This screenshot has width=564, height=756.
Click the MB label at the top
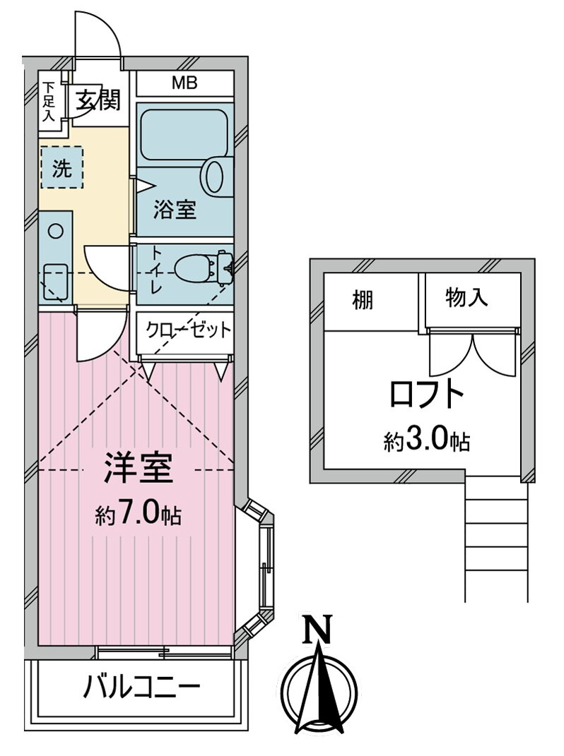pyautogui.click(x=185, y=83)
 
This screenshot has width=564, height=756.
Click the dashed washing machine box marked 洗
pyautogui.click(x=61, y=168)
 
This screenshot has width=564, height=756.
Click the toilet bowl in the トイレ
pyautogui.click(x=198, y=268)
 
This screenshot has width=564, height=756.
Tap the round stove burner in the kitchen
pyautogui.click(x=56, y=232)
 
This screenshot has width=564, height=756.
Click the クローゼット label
pyautogui.click(x=189, y=330)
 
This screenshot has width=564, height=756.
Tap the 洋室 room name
pyautogui.click(x=138, y=468)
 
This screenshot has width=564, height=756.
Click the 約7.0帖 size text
pyautogui.click(x=138, y=515)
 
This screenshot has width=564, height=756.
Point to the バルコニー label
pyautogui.click(x=141, y=687)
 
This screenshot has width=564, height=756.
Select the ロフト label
pyautogui.click(x=426, y=394)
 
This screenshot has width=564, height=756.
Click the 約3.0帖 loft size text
pyautogui.click(x=427, y=440)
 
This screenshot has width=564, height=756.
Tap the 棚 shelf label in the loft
pyautogui.click(x=363, y=301)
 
